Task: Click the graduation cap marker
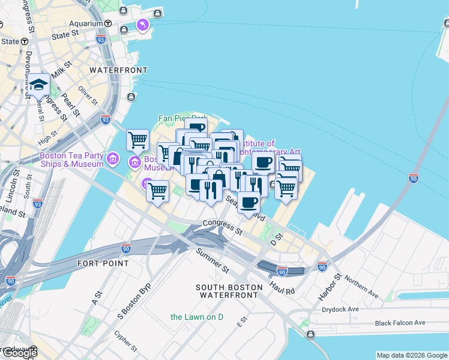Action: tap(38, 85)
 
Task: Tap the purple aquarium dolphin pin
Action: tap(142, 25)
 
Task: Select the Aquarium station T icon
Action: tap(107, 23)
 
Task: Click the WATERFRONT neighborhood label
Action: tap(118, 70)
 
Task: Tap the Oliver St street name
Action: tap(88, 95)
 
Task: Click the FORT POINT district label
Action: tap(103, 263)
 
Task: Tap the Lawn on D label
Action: tap(196, 317)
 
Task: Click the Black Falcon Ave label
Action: tap(399, 323)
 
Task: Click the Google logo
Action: tap(20, 353)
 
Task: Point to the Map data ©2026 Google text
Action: tap(412, 355)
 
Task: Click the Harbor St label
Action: tap(330, 287)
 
